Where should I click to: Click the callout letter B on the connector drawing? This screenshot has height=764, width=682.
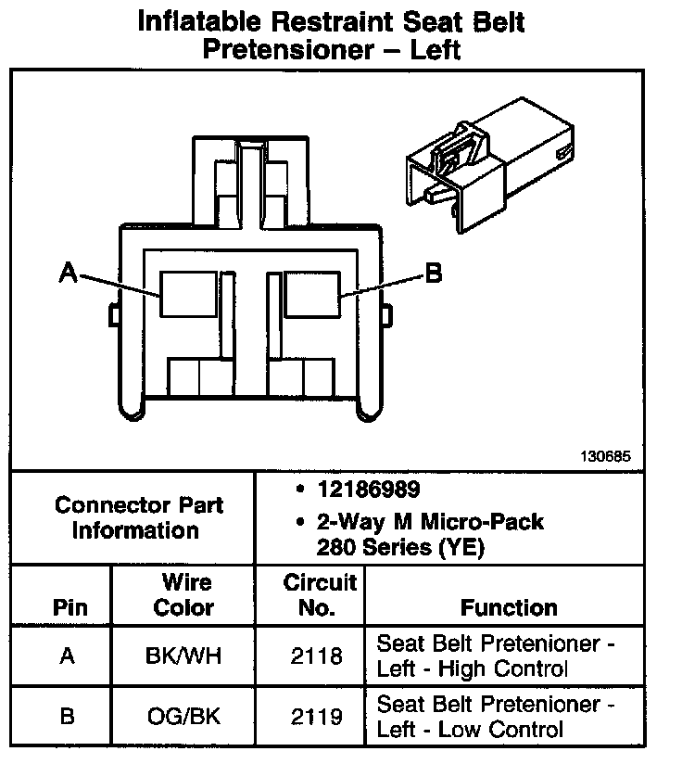433,273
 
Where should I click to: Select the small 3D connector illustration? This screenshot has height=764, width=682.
487,173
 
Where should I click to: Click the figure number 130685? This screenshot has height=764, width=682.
606,456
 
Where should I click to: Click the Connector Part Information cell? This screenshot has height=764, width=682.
138,518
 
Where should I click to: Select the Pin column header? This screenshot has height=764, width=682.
70,608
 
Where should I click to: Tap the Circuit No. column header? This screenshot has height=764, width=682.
319,595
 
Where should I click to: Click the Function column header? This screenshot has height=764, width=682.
509,608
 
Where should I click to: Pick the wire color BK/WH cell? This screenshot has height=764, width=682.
183,656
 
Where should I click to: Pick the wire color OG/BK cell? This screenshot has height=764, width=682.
183,717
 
